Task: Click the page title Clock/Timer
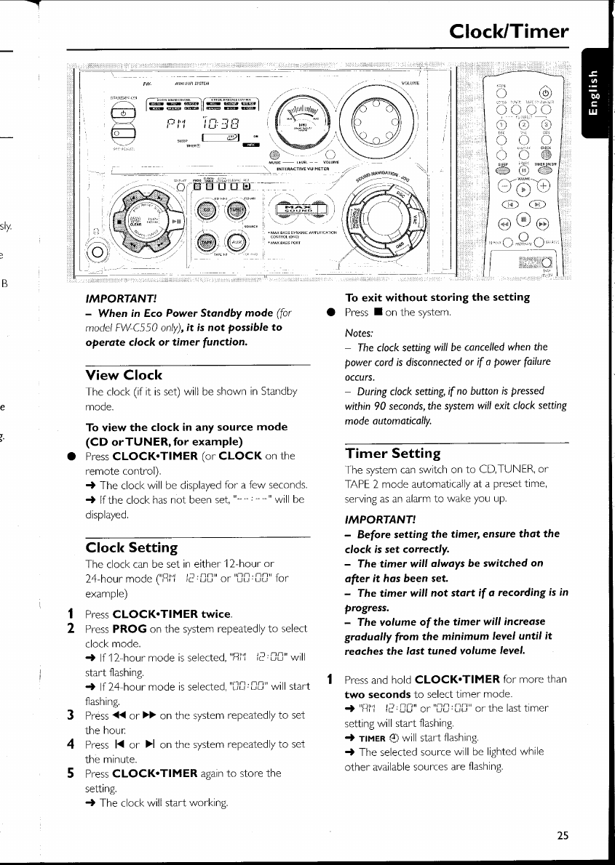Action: click(509, 31)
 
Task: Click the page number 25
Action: click(562, 835)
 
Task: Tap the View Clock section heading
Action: click(124, 375)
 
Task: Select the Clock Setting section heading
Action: click(132, 547)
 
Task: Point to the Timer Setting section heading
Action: click(392, 453)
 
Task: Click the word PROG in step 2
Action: click(129, 628)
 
